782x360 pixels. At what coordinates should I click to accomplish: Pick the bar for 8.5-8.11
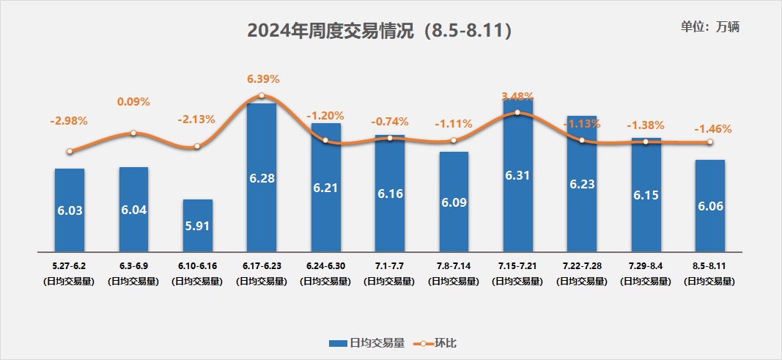point(710,206)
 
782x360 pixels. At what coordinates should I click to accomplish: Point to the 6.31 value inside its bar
point(517,175)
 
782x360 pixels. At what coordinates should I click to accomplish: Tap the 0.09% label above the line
point(133,102)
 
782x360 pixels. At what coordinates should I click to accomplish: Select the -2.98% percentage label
point(69,120)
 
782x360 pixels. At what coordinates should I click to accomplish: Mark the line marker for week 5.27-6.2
point(70,152)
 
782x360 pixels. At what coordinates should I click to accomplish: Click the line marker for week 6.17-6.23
point(262,96)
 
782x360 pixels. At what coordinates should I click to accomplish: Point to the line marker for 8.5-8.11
point(709,142)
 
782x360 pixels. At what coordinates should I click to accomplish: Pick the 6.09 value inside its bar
point(454,202)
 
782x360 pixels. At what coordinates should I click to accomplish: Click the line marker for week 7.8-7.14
point(454,140)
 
